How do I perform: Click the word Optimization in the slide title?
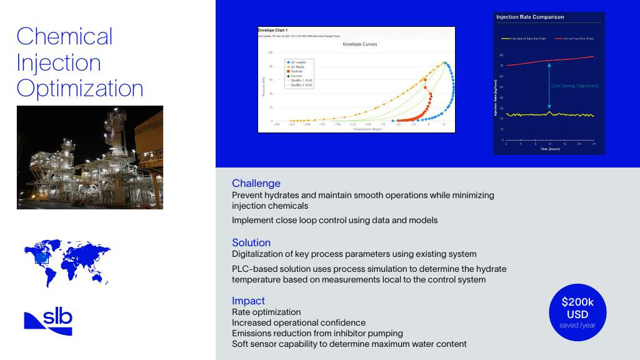[80, 88]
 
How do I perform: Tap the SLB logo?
[48, 322]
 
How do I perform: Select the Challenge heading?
[256, 183]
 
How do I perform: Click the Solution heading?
[251, 242]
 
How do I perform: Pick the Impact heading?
[248, 301]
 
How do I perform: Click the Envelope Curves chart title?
[360, 45]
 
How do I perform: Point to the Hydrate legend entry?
[297, 71]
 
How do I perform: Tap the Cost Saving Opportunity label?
[574, 86]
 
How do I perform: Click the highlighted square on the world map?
[42, 257]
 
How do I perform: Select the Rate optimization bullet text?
[266, 312]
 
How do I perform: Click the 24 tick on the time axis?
[593, 144]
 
